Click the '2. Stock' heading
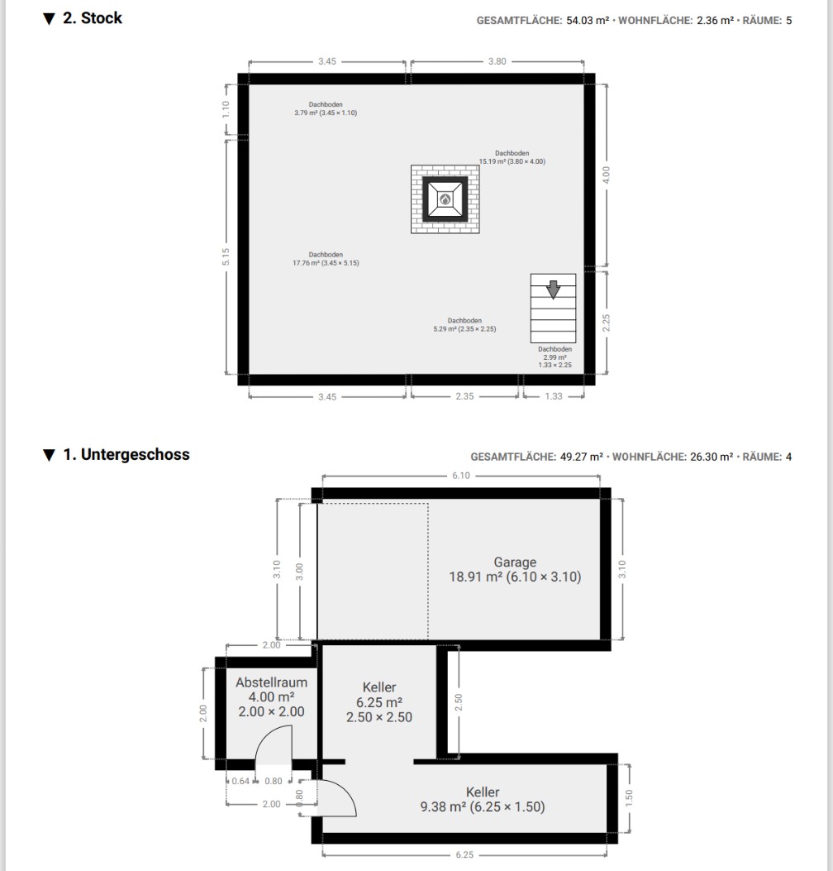(92, 18)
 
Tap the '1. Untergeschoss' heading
(126, 454)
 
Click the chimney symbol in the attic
(445, 199)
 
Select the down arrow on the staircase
(553, 290)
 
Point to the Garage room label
(515, 569)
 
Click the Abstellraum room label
(271, 696)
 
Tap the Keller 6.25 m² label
(379, 702)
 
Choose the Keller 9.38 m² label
(483, 799)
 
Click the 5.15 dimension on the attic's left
(226, 256)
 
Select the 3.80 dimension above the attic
(497, 61)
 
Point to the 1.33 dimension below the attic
(554, 396)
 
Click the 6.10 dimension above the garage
(460, 476)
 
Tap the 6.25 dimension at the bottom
(464, 855)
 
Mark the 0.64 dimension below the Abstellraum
(240, 781)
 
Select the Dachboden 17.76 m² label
(326, 259)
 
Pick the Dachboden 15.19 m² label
(512, 157)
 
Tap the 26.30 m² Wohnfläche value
(712, 457)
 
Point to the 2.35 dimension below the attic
(464, 396)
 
